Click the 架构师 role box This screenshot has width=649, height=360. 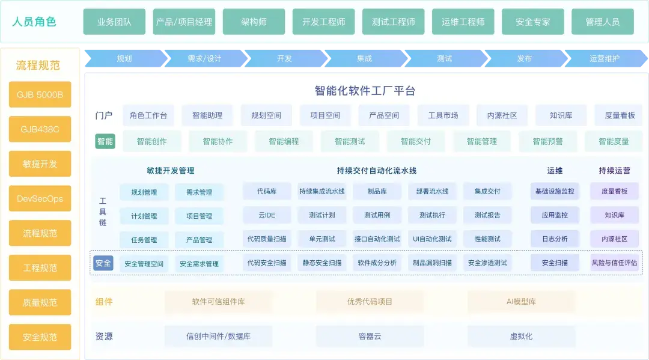click(x=254, y=22)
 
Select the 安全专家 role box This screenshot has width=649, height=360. click(x=532, y=22)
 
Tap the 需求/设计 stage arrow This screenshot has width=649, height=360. click(x=204, y=58)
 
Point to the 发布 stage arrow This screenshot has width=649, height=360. click(x=525, y=58)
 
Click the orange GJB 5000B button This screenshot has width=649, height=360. click(x=40, y=94)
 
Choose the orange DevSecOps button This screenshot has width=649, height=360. click(x=40, y=198)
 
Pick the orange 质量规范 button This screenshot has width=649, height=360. click(x=40, y=302)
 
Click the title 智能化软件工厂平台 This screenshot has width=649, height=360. click(x=365, y=91)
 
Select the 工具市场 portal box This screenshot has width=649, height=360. click(x=443, y=115)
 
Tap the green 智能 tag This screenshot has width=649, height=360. click(x=105, y=141)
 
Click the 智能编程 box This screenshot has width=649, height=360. click(x=284, y=141)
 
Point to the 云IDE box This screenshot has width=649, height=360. click(x=267, y=215)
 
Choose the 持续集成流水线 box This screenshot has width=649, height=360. click(x=322, y=191)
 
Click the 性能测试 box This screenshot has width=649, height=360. click(x=487, y=239)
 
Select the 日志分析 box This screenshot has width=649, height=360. click(x=555, y=239)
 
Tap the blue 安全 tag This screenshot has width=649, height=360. click(x=103, y=263)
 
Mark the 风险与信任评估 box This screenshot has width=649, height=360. click(x=614, y=263)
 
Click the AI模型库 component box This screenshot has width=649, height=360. click(x=521, y=302)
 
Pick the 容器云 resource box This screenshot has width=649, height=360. click(x=370, y=336)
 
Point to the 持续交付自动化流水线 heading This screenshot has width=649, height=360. click(x=377, y=171)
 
